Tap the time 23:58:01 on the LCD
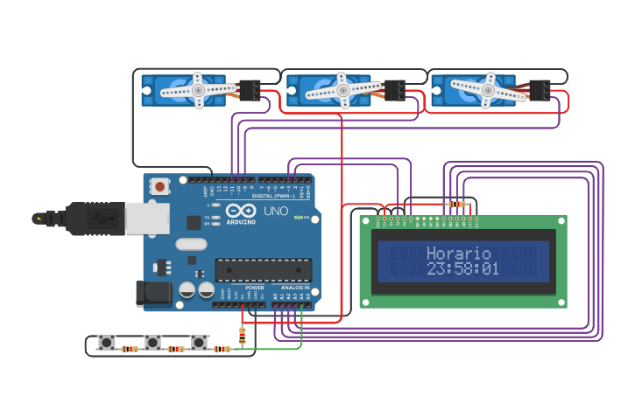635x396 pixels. [x=462, y=269]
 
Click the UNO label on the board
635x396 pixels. [x=276, y=212]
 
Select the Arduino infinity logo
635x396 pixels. [x=241, y=212]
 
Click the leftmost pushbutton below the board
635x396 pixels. [x=107, y=342]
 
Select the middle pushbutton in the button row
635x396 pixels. [x=153, y=342]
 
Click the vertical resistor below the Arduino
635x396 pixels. [x=243, y=336]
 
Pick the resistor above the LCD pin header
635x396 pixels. [x=457, y=204]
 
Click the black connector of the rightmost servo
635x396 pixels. [x=540, y=90]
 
